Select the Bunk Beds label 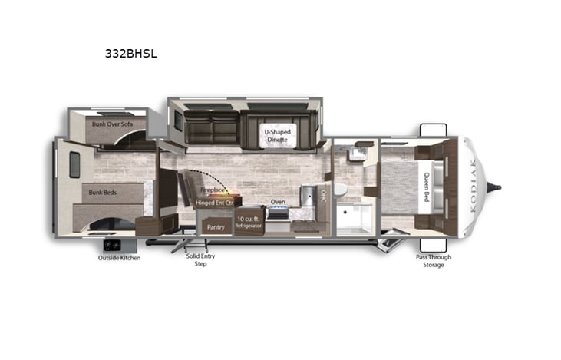(103, 192)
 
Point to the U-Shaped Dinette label (277, 135)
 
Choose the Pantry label (216, 227)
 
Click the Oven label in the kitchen (278, 203)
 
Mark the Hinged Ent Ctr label (214, 203)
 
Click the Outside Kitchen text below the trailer (119, 258)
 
